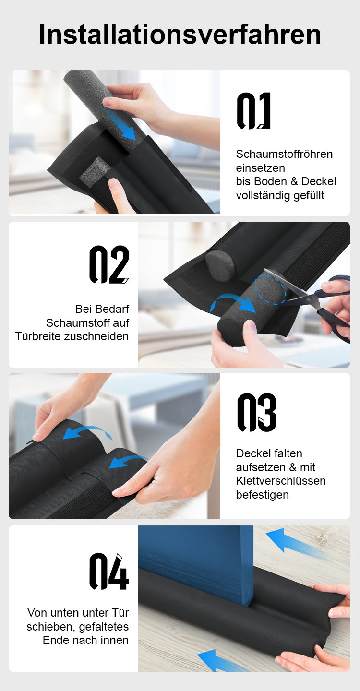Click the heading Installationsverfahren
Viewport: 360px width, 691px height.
[x=180, y=34]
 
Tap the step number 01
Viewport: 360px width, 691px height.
[x=253, y=110]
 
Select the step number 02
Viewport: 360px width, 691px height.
[x=109, y=264]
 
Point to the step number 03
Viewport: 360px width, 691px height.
[x=257, y=412]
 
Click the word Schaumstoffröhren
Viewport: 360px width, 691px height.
[x=284, y=154]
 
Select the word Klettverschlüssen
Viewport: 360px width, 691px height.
[x=281, y=481]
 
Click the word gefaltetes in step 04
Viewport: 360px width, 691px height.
[x=104, y=627]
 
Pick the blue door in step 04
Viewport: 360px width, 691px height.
[x=196, y=564]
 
